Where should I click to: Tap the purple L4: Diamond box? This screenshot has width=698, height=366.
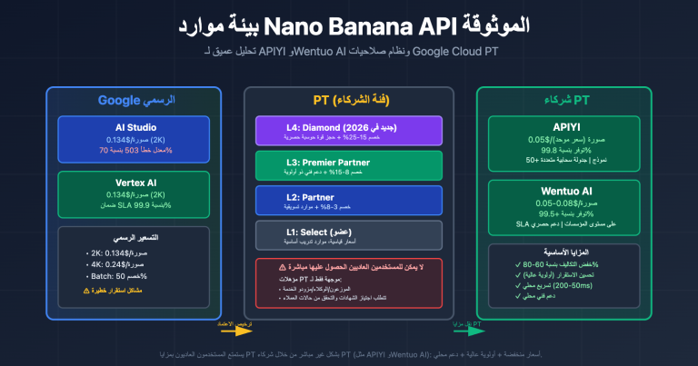point(348,130)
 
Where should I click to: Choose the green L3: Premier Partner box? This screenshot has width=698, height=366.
point(348,164)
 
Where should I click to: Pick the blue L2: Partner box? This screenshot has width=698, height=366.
point(348,200)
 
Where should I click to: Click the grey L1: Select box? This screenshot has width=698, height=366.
point(348,234)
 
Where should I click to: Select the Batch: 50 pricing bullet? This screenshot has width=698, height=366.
point(105,275)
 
